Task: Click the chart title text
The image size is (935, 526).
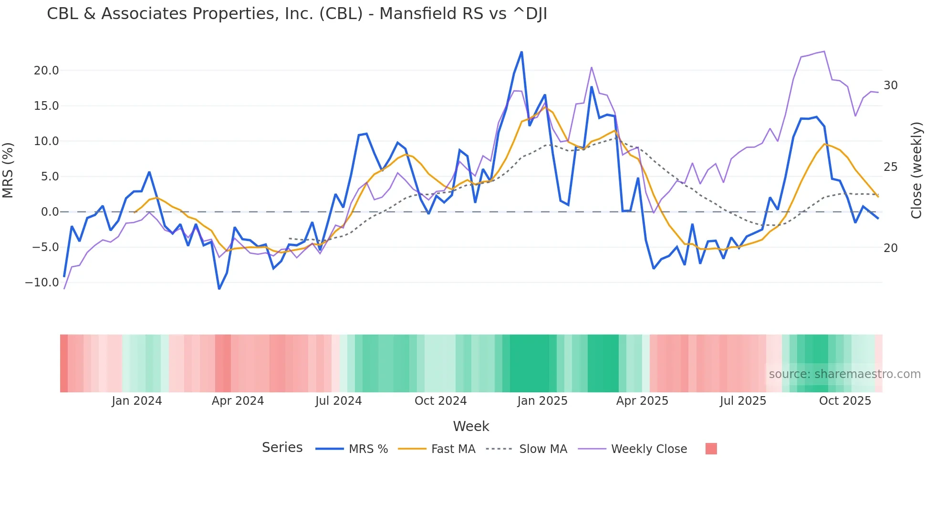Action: click(297, 14)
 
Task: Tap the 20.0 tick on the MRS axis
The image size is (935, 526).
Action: click(46, 71)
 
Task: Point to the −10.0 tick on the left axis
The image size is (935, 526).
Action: click(42, 283)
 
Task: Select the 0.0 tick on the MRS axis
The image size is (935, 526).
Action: click(50, 212)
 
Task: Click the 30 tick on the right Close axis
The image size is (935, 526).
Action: click(890, 85)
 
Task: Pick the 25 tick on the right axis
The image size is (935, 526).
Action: click(890, 167)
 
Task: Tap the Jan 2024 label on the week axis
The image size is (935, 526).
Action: click(137, 401)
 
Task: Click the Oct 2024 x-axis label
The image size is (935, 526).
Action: click(440, 401)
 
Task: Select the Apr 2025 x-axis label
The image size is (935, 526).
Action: click(642, 401)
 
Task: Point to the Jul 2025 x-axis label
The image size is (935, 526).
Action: click(743, 401)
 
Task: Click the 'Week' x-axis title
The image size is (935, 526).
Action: click(471, 426)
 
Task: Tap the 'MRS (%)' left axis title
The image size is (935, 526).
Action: click(8, 170)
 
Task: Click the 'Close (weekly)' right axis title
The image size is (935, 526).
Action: click(916, 170)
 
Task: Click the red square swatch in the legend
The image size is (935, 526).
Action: click(711, 449)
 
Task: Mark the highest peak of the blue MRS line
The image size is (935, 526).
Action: click(521, 52)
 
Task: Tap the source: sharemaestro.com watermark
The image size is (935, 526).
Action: click(844, 374)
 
